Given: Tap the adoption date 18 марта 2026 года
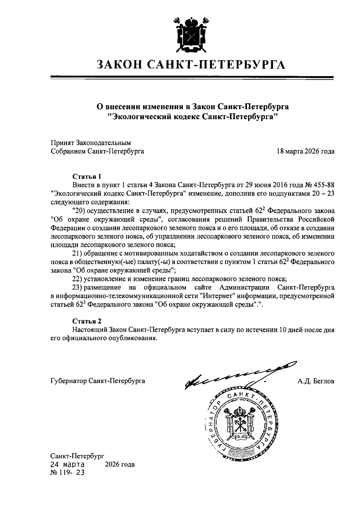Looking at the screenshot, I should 305,151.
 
